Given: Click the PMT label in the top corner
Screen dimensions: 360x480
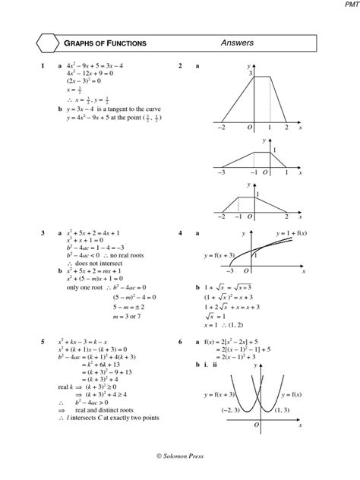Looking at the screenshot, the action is click(349, 5).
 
